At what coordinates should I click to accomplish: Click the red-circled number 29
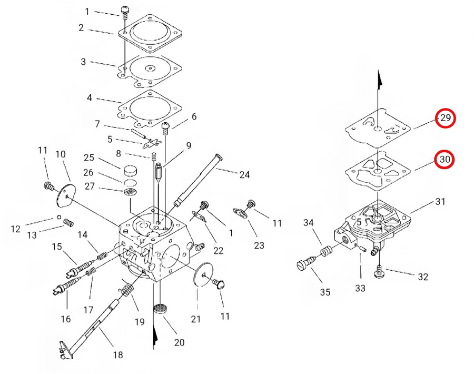click(x=446, y=118)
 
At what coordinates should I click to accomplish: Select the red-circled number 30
click(x=446, y=159)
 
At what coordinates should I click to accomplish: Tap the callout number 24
click(x=244, y=175)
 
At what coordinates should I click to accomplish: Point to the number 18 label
click(x=118, y=355)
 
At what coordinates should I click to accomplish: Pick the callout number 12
click(x=16, y=229)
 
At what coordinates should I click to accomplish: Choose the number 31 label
click(x=440, y=201)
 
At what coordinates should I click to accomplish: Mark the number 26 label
click(x=88, y=172)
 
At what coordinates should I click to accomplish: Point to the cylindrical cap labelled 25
click(x=130, y=171)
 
